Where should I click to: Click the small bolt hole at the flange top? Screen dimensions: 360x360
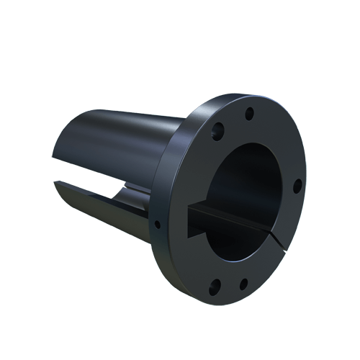250,113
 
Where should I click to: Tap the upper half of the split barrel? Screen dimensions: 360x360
122,144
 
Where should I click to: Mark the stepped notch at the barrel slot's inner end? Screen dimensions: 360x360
130,188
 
